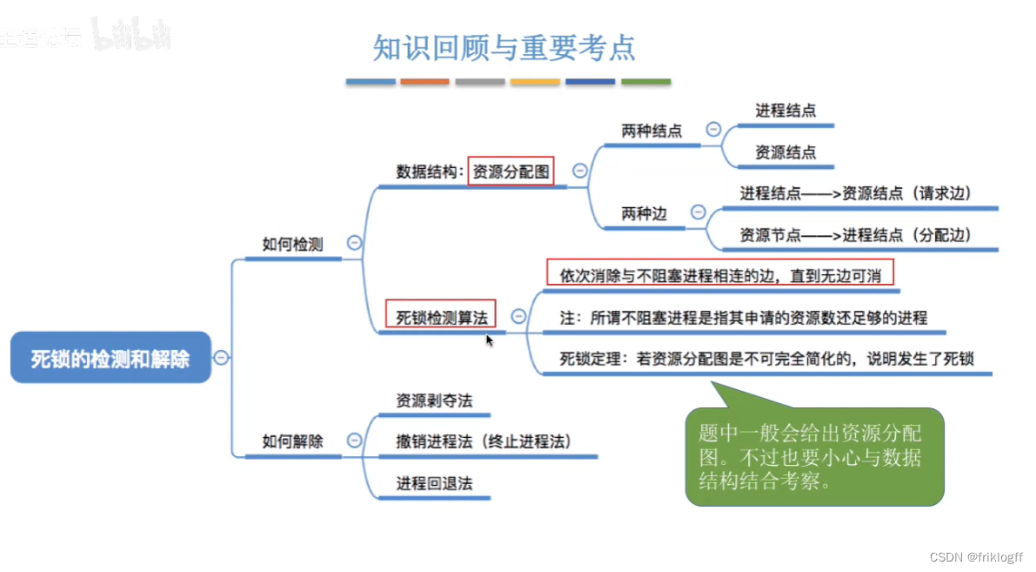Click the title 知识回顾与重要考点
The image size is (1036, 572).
(505, 48)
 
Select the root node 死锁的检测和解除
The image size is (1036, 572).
(110, 358)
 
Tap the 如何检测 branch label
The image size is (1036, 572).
(292, 245)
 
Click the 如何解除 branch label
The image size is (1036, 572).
(292, 441)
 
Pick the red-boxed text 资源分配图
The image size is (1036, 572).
(511, 172)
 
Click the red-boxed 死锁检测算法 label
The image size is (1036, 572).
(442, 317)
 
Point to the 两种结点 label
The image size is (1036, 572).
(652, 131)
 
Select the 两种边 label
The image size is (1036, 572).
(644, 213)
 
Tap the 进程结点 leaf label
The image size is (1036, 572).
(785, 111)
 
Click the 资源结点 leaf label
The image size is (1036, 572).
(785, 152)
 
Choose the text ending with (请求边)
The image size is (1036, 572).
(855, 193)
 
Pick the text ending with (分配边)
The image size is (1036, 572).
(855, 235)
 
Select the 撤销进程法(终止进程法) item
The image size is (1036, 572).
(484, 441)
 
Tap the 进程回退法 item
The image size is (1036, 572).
(434, 483)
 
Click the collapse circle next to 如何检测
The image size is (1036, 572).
(354, 244)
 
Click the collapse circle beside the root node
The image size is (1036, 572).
(222, 357)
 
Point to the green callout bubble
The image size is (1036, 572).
(814, 457)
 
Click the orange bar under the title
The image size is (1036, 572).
(424, 82)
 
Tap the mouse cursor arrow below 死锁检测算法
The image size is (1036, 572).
(490, 340)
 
